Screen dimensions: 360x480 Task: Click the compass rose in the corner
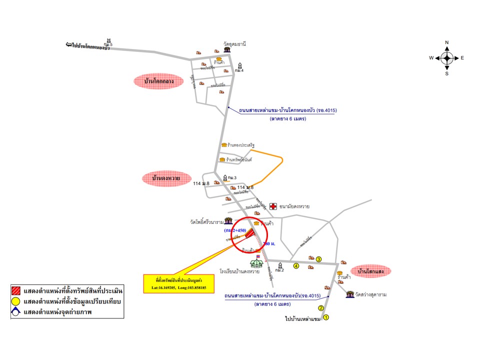446,58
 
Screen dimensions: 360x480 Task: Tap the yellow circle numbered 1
326,317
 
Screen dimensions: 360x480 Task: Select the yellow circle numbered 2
321,308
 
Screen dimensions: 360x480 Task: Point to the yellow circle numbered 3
318,258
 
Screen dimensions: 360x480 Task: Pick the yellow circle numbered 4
296,266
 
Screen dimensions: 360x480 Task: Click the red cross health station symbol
273,206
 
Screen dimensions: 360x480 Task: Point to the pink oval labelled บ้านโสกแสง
370,271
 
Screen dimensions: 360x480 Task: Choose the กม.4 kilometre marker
240,67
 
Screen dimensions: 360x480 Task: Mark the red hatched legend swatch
16,290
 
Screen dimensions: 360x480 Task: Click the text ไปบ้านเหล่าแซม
302,318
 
